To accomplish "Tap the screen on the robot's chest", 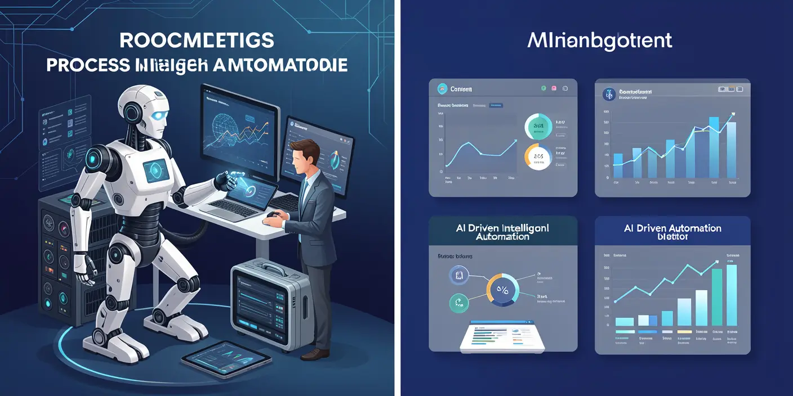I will coord(155,170).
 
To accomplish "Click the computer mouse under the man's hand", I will coord(272,214).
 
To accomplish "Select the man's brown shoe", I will coord(315,353).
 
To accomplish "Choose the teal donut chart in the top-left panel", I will coord(537,126).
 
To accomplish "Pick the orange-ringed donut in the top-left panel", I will coord(537,156).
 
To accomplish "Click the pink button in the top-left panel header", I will coord(554,89).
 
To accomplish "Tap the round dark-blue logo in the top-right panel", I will coord(608,94).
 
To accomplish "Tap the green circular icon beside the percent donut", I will coord(458,303).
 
